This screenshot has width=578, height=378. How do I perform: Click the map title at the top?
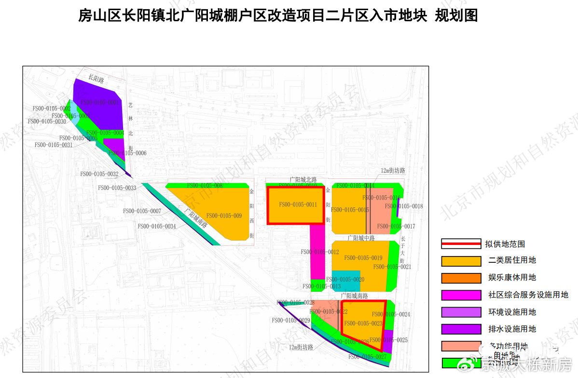coord(278,15)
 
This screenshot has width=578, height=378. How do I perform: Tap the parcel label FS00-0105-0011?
coord(298,205)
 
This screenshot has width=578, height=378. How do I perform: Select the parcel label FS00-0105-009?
coord(224,216)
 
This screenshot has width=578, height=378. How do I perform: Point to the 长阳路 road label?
coord(96,79)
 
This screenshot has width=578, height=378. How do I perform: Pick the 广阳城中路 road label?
coord(361,238)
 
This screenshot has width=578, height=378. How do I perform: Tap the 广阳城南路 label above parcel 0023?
coord(354,296)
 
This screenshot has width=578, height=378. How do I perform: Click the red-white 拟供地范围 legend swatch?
coord(461,243)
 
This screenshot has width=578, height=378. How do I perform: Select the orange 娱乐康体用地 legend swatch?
coord(461,278)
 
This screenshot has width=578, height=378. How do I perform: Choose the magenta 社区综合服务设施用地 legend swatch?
coord(461,295)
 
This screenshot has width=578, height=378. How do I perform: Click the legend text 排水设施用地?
coord(512,329)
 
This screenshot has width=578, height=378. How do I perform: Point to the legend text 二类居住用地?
coord(512,260)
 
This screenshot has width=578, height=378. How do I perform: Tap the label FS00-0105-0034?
coord(157,226)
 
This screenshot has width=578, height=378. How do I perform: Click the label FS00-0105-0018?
coord(411,206)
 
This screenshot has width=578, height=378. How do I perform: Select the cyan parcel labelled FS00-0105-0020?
coord(345,280)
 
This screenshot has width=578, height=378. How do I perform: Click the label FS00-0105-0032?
coord(99,174)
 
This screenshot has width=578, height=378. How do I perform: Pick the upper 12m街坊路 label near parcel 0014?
coord(393,171)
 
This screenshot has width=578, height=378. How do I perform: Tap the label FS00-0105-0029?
coord(290,320)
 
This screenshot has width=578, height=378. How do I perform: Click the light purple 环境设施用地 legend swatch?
coord(461,312)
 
